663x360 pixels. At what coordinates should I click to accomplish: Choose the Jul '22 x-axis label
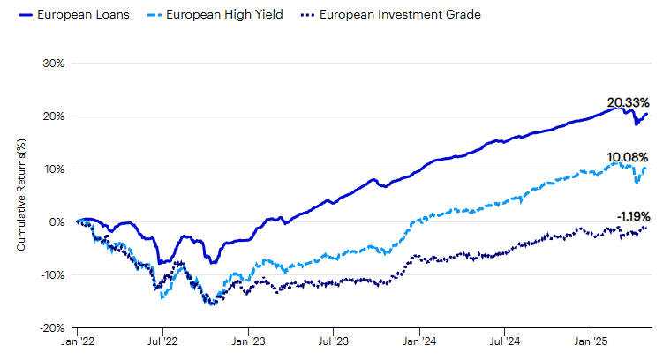(x=163, y=341)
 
